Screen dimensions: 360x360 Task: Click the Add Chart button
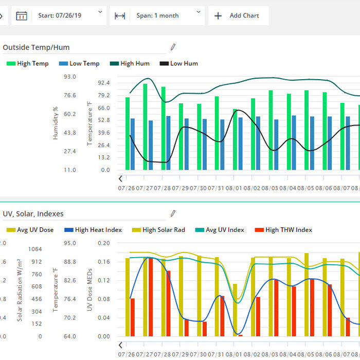237,15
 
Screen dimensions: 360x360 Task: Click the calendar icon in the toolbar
21,15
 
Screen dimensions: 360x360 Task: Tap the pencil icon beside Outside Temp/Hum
173,47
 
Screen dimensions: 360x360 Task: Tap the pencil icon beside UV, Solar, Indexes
173,213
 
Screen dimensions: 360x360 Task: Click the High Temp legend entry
28,64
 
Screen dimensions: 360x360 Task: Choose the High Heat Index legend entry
93,230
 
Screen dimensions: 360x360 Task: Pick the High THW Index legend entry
283,230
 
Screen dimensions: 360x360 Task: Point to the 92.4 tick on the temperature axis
104,83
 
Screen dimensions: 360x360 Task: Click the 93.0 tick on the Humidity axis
70,77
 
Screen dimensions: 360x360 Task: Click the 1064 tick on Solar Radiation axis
35,249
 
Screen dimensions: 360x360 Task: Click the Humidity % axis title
56,123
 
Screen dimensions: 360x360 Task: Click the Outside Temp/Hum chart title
36,47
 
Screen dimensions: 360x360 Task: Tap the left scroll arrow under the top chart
120,179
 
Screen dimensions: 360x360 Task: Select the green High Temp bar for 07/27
146,127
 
